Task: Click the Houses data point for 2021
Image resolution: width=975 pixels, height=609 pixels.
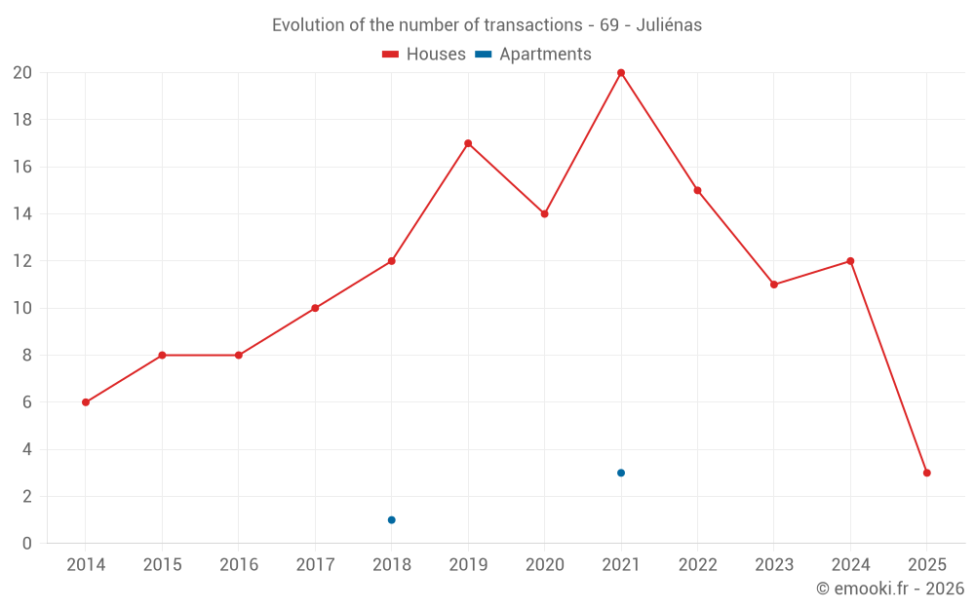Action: click(x=621, y=73)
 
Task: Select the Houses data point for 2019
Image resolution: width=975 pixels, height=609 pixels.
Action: click(x=468, y=143)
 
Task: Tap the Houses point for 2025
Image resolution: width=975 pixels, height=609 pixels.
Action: click(x=927, y=473)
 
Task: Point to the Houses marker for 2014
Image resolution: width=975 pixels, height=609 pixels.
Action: click(x=86, y=402)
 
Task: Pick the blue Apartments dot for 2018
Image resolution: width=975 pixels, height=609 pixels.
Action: click(x=392, y=519)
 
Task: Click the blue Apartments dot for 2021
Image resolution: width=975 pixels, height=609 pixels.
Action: click(x=621, y=473)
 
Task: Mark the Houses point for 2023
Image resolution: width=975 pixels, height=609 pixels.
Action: click(x=774, y=285)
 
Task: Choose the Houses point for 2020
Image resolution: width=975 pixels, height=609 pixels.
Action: click(x=545, y=213)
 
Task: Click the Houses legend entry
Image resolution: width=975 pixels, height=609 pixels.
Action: click(x=424, y=55)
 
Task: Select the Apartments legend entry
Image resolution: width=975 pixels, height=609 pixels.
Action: click(x=533, y=55)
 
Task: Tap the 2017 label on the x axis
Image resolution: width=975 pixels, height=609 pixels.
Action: click(x=315, y=564)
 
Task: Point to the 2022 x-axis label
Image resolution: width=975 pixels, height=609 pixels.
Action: click(x=698, y=564)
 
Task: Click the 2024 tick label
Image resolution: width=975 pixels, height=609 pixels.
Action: click(x=850, y=564)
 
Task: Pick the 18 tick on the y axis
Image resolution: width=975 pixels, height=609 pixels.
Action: click(x=22, y=120)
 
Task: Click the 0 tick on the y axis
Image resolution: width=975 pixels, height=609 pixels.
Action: click(x=27, y=544)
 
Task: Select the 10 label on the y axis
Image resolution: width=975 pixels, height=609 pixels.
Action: click(x=22, y=308)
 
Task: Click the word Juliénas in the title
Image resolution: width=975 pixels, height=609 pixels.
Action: click(x=669, y=25)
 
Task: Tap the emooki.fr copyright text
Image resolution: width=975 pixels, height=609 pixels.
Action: click(x=890, y=589)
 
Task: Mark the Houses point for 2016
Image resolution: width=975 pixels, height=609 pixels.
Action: click(x=239, y=355)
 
